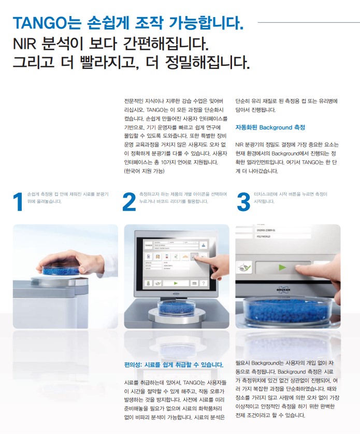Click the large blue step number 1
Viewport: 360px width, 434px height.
18,202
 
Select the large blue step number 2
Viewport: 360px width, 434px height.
129,202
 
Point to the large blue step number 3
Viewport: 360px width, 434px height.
243,202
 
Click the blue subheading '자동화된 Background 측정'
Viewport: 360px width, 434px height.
270,127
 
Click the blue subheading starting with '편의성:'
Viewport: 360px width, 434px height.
174,365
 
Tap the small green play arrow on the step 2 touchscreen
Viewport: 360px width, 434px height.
174,283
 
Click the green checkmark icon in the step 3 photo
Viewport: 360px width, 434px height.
246,268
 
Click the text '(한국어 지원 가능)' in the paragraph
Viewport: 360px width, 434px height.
145,171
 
